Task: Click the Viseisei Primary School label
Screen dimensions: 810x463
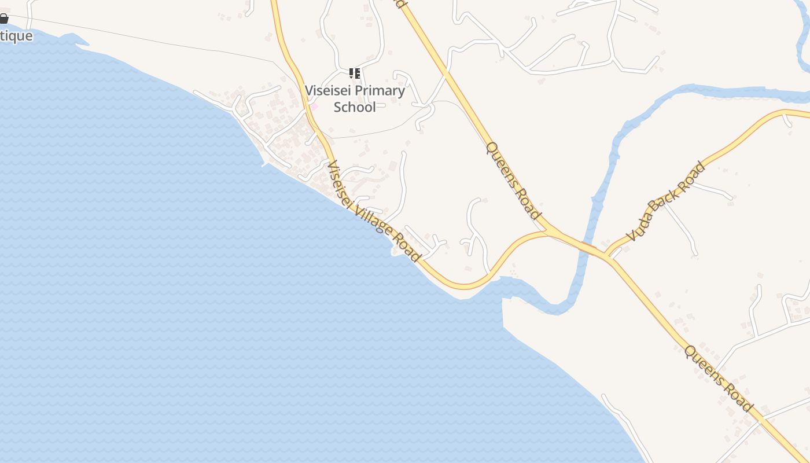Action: coord(355,98)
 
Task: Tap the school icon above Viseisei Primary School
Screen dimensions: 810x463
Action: coord(355,74)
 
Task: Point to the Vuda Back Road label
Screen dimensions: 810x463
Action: coord(667,201)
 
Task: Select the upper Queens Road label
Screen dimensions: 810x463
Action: coord(513,180)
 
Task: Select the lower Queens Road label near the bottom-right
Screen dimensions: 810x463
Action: coord(719,379)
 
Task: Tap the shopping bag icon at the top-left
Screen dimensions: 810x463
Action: coord(3,19)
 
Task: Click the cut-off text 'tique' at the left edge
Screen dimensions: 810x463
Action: coord(16,36)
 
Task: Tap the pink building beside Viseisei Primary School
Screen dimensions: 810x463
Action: coord(315,106)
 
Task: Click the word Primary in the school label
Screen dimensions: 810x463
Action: coord(380,91)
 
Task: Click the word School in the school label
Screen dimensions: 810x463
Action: coord(355,107)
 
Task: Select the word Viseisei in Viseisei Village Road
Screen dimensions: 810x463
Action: coord(341,181)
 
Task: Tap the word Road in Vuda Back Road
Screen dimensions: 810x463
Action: coord(693,175)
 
